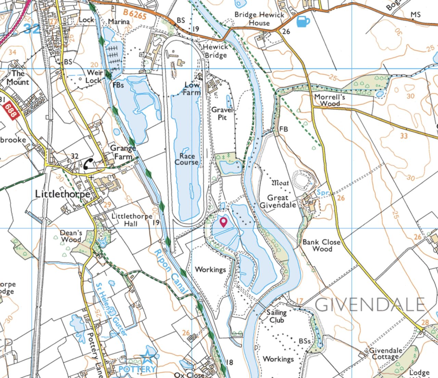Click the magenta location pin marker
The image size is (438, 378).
point(223,222)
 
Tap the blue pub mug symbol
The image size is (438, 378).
point(302,21)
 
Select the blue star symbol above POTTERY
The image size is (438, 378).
point(148,358)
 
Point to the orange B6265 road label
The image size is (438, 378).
point(135,14)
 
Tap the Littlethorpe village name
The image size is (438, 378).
point(63,194)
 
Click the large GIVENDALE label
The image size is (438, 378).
point(370,305)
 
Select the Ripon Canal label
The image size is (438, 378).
point(171,271)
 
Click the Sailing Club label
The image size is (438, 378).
point(276,316)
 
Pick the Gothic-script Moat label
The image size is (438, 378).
point(280,183)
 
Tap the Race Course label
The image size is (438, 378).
point(186,159)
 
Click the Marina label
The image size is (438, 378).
point(119,22)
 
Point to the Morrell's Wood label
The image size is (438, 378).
point(330,100)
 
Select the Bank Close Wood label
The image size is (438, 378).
point(321,245)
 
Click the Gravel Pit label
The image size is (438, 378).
point(222,113)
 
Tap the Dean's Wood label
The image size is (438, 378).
point(71,236)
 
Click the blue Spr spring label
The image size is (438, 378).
point(322,193)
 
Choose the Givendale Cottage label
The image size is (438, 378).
point(385,353)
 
